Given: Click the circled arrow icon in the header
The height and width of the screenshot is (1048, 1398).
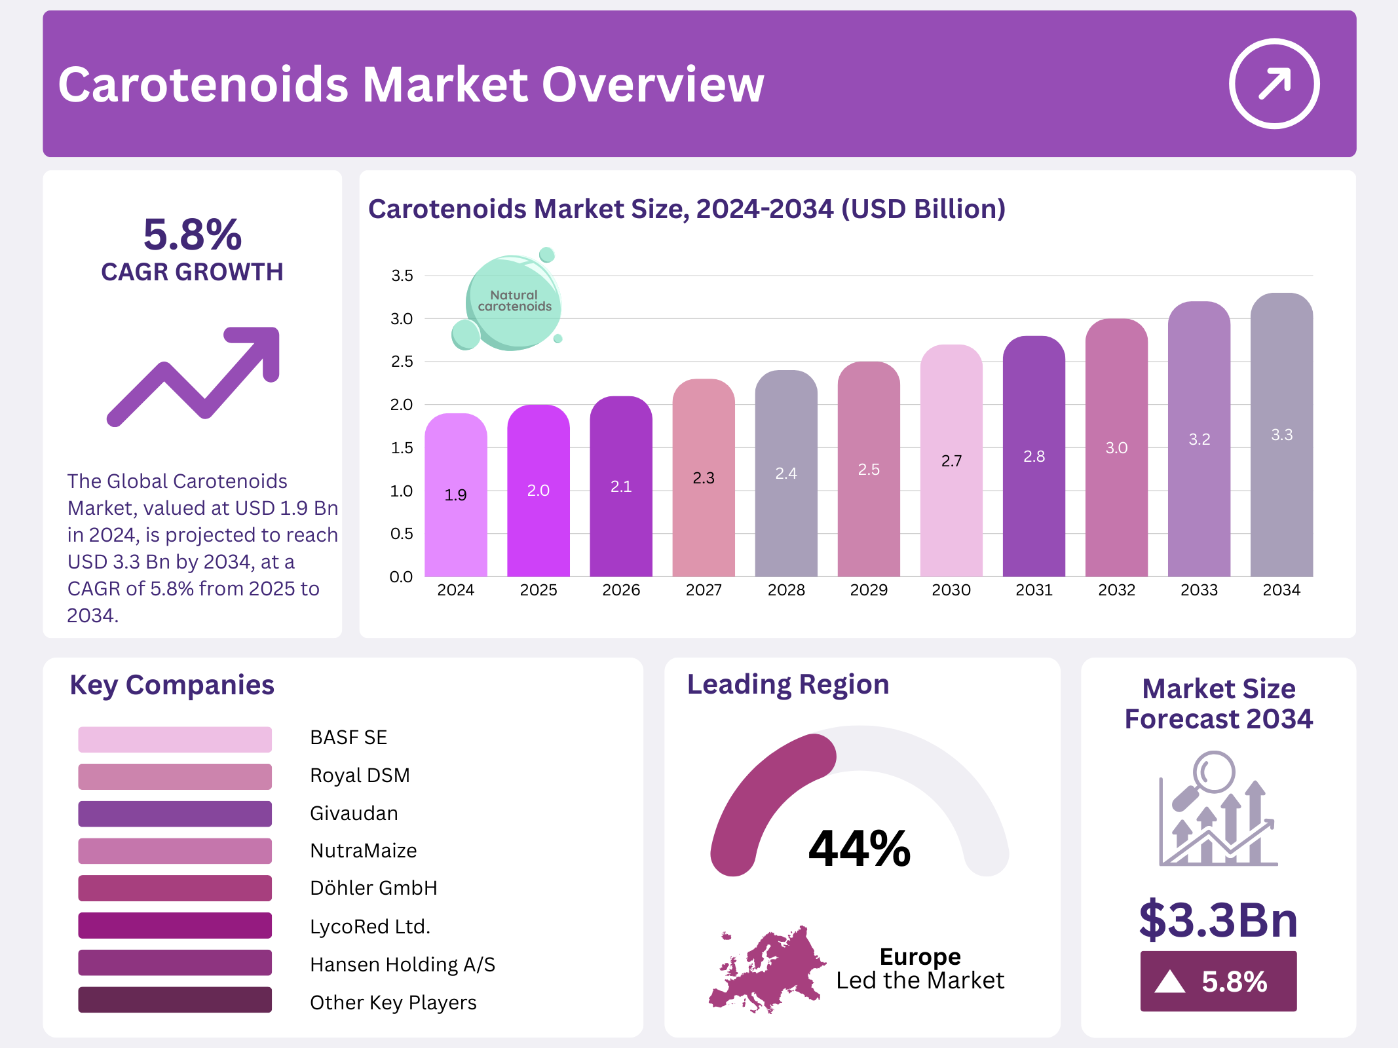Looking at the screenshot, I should point(1274,84).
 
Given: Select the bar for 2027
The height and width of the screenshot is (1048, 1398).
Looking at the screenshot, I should point(704,478).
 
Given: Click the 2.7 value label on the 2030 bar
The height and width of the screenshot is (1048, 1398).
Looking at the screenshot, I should point(951,461).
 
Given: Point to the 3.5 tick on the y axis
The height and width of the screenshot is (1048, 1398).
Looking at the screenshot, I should point(402,276).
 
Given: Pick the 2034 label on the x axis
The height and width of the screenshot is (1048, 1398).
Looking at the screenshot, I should point(1281,590).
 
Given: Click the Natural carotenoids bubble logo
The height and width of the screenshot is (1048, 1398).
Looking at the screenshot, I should point(513,301).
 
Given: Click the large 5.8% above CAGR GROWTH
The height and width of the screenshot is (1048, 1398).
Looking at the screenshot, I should point(193,234).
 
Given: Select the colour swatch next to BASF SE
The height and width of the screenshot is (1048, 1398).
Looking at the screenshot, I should point(175,739).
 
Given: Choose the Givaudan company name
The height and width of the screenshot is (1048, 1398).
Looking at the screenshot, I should point(354,814).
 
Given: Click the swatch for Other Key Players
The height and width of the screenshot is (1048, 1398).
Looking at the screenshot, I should point(175,1000).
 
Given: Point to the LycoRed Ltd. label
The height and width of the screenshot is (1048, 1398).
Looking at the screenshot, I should point(370,926).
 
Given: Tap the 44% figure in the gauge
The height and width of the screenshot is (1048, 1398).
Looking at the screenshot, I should point(860,848).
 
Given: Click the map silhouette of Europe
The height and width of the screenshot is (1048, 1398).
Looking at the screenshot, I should point(766,969).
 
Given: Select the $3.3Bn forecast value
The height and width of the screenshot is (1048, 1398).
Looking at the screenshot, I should point(1219,920).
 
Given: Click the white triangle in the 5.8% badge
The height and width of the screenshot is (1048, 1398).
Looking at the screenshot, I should point(1169,982).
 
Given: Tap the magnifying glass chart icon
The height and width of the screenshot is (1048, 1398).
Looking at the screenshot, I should point(1217,810).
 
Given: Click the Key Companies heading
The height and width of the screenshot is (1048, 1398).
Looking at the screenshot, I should point(172,685).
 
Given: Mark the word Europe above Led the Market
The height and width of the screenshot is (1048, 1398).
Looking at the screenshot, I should point(920,956).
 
